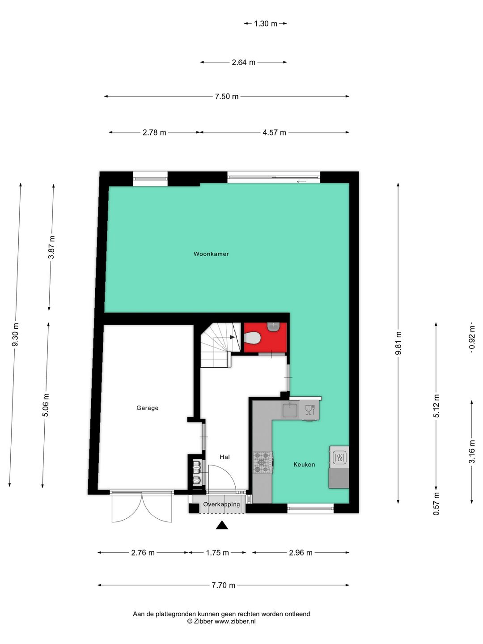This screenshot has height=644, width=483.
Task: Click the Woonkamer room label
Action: click(x=211, y=254)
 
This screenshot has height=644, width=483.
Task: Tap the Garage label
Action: click(x=147, y=408)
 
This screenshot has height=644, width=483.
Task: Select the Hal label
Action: click(x=225, y=457)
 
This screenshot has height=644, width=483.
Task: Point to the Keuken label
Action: click(x=304, y=465)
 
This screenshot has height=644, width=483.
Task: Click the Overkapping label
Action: click(x=221, y=504)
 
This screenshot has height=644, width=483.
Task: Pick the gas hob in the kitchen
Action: click(x=262, y=462)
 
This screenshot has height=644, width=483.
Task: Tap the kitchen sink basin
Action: click(x=289, y=410)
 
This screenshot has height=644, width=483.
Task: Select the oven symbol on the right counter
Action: click(x=339, y=457)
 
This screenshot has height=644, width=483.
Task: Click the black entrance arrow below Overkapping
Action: click(x=222, y=525)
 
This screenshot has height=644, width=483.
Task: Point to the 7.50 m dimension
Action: click(x=227, y=96)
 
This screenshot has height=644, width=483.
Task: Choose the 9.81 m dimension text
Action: click(x=398, y=343)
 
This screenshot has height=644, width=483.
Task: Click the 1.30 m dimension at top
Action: click(x=265, y=23)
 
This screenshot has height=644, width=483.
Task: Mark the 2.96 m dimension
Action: click(x=301, y=553)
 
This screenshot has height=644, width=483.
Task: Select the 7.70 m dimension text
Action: click(x=224, y=585)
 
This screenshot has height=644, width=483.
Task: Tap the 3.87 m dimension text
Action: click(x=51, y=247)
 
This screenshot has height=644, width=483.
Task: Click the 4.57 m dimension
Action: click(x=274, y=132)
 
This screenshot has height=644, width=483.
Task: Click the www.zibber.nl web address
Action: click(x=235, y=621)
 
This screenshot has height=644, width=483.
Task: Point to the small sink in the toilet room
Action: click(x=273, y=326)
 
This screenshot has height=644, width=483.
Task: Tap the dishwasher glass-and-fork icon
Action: click(x=309, y=410)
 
